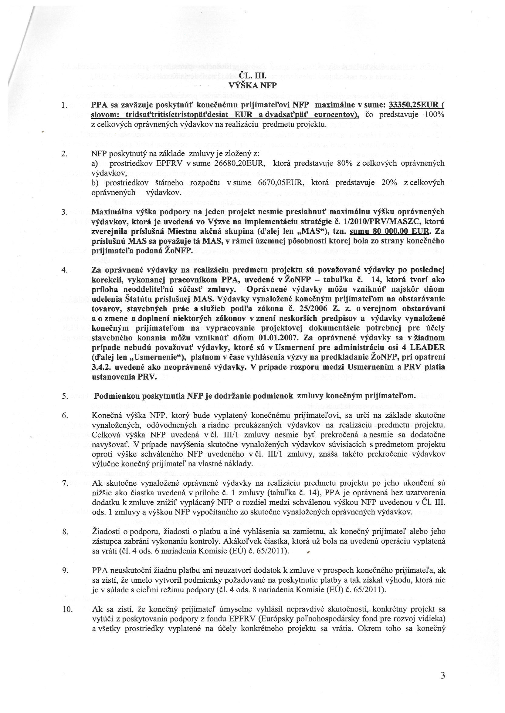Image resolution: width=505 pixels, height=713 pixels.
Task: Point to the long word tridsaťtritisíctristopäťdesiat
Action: (174, 115)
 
